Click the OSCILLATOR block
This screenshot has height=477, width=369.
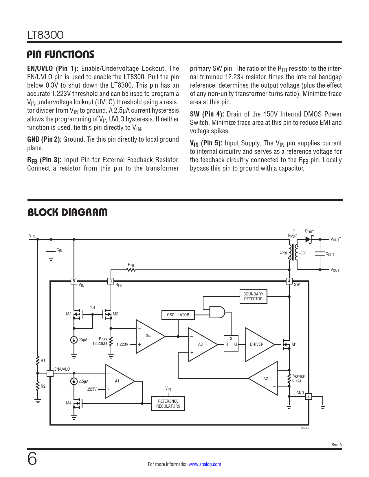click(178, 315)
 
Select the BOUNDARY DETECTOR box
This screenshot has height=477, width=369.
click(253, 297)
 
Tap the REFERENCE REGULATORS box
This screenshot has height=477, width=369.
click(168, 404)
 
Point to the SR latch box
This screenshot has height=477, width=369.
click(231, 343)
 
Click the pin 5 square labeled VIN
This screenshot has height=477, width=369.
click(74, 281)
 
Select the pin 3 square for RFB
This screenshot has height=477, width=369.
click(111, 281)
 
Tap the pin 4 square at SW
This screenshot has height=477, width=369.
click(289, 281)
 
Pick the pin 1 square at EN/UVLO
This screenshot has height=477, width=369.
click(50, 373)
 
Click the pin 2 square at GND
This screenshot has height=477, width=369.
click(309, 396)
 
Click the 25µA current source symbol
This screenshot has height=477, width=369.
click(74, 340)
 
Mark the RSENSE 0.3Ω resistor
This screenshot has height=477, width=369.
click(289, 378)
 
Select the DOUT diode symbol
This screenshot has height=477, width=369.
click(309, 239)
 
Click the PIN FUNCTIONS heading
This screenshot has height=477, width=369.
click(61, 54)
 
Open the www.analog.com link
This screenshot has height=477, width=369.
click(205, 464)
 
